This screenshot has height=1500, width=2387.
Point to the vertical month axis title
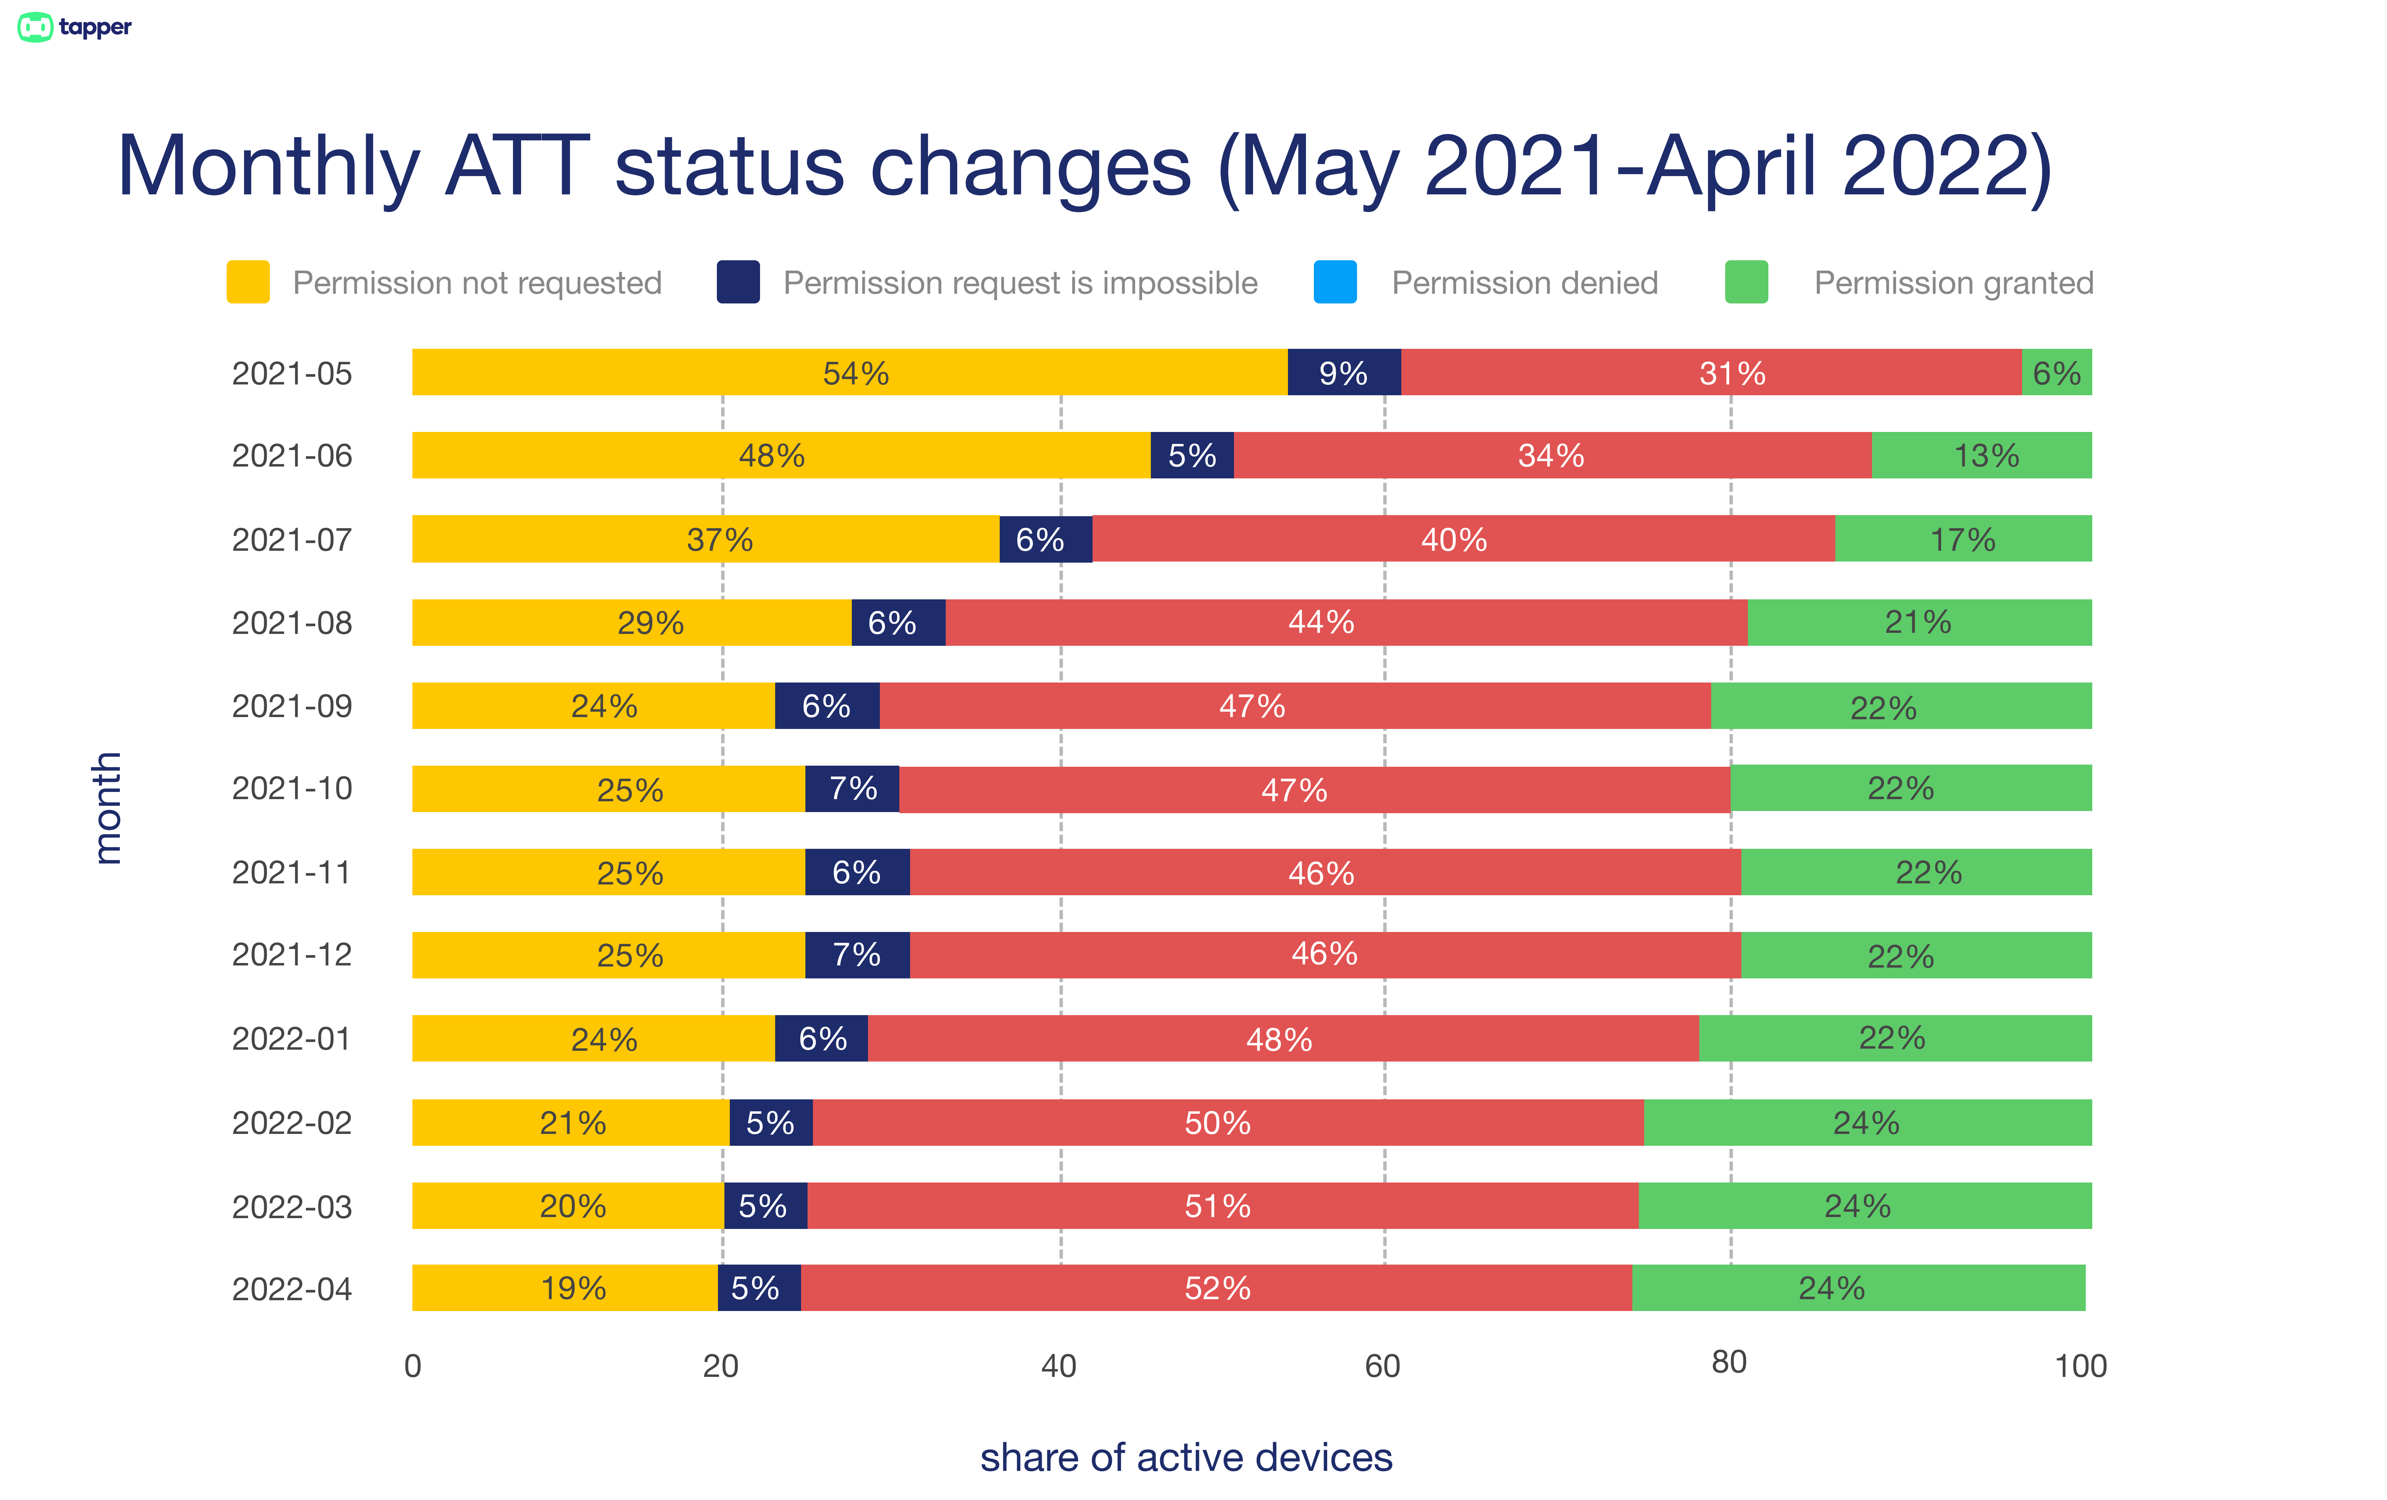(x=107, y=808)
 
